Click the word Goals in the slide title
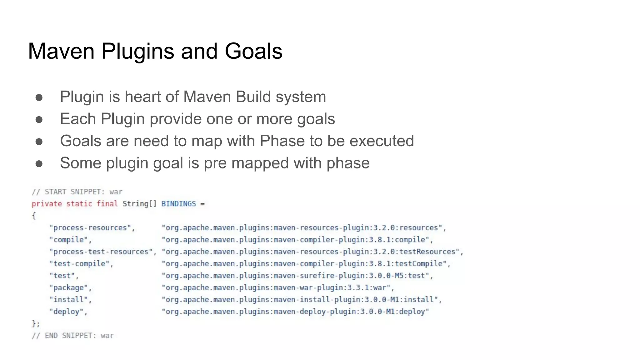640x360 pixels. point(253,51)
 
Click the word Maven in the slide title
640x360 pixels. point(61,51)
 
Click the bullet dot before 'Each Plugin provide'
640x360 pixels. point(39,119)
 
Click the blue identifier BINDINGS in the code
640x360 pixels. point(178,204)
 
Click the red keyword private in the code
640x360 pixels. point(47,204)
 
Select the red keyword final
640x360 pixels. point(107,204)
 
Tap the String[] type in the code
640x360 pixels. point(139,204)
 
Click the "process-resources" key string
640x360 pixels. point(92,228)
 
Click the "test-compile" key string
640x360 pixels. point(81,264)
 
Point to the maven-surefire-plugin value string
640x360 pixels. point(297,276)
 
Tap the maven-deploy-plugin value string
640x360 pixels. point(295,312)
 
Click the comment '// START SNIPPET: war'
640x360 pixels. point(77,192)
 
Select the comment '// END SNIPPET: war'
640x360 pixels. point(72,336)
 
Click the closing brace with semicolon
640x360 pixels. point(36,324)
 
